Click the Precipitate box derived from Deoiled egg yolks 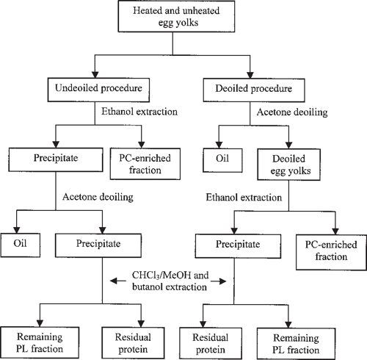point(233,240)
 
